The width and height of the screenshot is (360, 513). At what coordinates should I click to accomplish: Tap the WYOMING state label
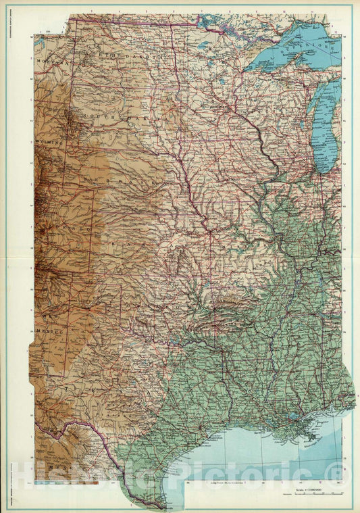coord(51,144)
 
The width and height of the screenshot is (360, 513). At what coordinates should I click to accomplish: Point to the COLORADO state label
coord(74,230)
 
